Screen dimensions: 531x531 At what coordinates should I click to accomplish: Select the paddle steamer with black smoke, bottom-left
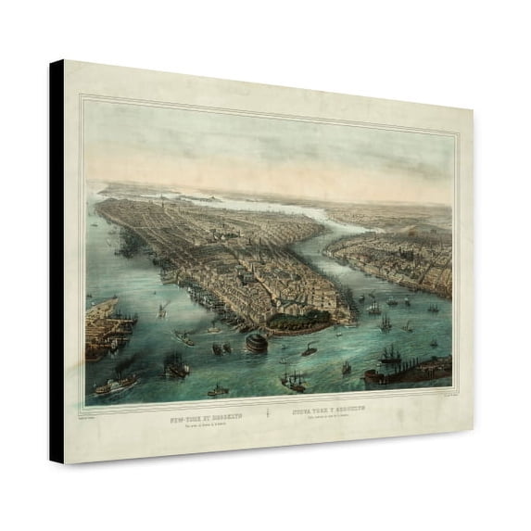click(117, 383)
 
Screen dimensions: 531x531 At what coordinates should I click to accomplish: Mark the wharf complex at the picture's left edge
click(104, 323)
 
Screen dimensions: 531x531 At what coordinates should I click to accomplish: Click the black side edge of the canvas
click(57, 259)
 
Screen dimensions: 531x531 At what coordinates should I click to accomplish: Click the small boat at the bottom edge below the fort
click(218, 391)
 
